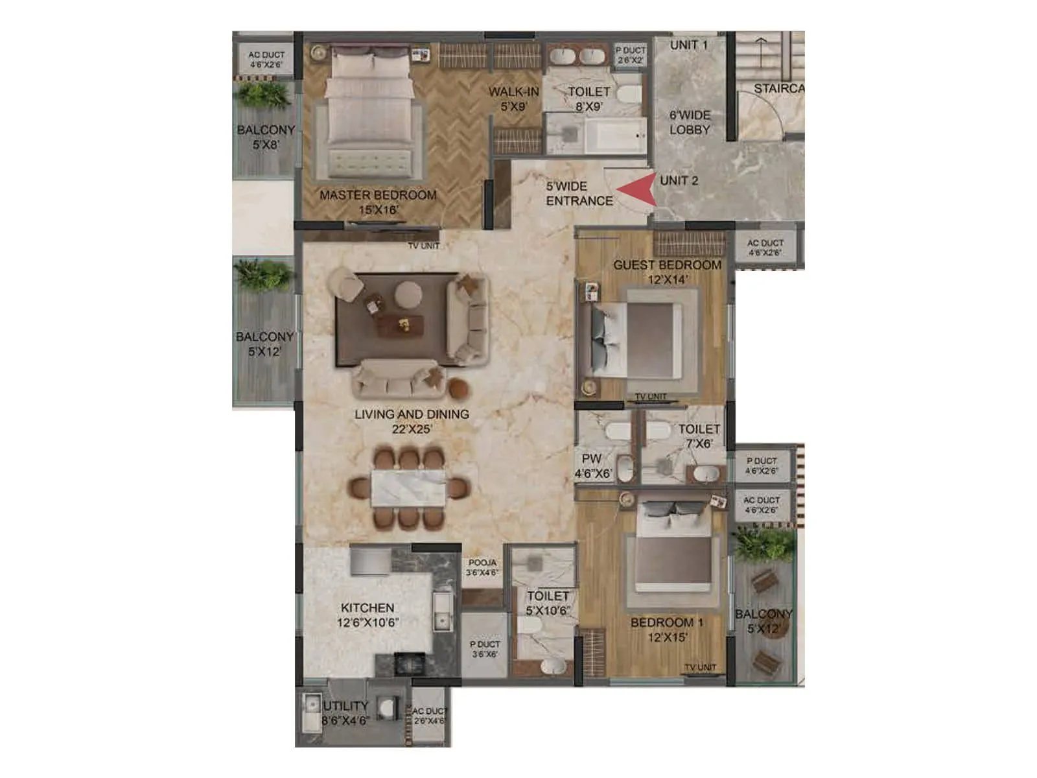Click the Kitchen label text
click(367, 608)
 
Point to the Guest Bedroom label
click(667, 265)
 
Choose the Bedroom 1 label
click(666, 622)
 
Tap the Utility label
click(346, 706)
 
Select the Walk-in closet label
click(513, 92)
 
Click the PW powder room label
click(591, 458)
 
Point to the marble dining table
click(408, 488)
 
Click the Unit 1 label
click(688, 45)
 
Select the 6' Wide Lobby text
click(690, 122)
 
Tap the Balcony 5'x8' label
click(266, 137)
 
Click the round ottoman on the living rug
click(408, 293)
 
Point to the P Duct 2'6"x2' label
click(630, 55)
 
